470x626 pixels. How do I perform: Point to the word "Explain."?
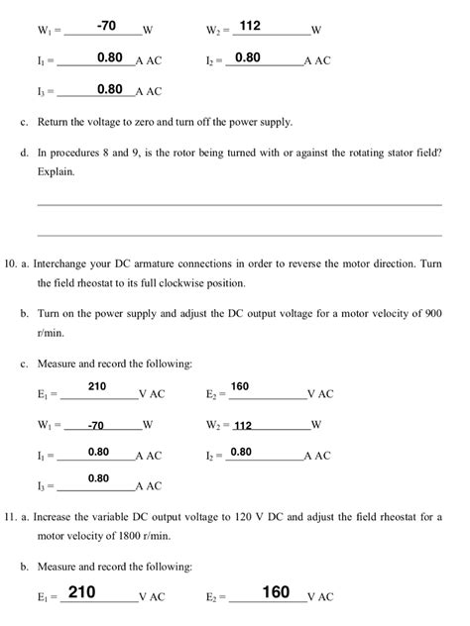pyautogui.click(x=56, y=171)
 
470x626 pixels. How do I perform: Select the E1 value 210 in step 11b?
pyautogui.click(x=81, y=592)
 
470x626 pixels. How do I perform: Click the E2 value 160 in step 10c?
pyautogui.click(x=241, y=385)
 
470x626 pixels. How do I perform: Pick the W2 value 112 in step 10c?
pyautogui.click(x=243, y=425)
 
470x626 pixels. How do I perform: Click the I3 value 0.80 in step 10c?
pyautogui.click(x=98, y=478)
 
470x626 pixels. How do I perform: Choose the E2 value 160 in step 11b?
pyautogui.click(x=276, y=592)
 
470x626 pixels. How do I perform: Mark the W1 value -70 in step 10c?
pyautogui.click(x=95, y=425)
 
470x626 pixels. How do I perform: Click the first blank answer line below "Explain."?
pyautogui.click(x=238, y=204)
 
